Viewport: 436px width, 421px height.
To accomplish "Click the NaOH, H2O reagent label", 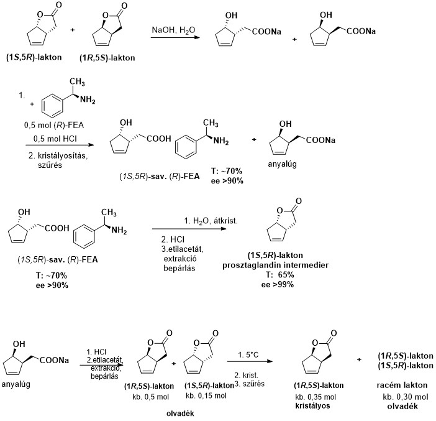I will click(x=173, y=29).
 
